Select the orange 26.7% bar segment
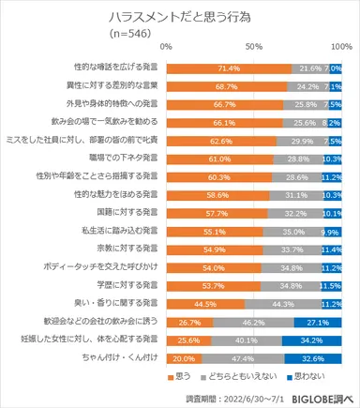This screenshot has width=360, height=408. (x=189, y=320)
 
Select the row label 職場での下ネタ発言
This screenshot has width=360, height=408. (x=125, y=159)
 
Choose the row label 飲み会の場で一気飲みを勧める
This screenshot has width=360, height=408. (x=105, y=122)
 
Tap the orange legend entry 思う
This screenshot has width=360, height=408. (x=214, y=374)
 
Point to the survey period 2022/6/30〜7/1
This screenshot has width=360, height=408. (x=244, y=397)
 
